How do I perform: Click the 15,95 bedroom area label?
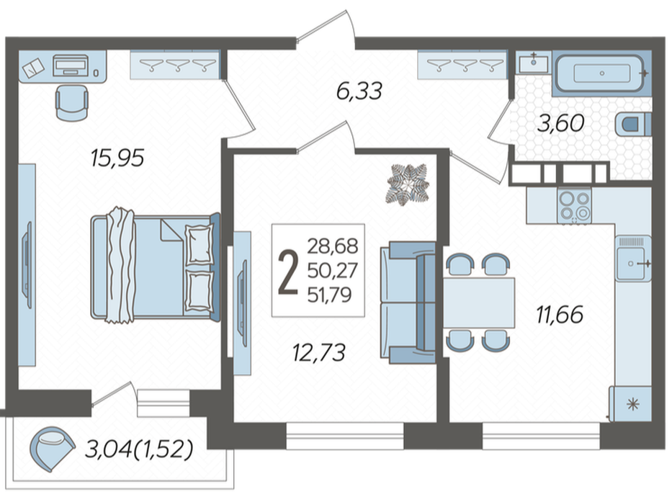coord(117,158)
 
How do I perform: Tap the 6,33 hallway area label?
coord(359,91)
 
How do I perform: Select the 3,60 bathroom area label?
coord(560,123)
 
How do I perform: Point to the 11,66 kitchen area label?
coord(560,315)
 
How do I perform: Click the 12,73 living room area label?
coord(319,353)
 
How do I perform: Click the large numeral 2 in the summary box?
coord(288,272)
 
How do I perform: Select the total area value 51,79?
coord(330,295)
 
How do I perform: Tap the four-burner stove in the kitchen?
coord(574,206)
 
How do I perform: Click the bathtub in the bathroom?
coord(601,73)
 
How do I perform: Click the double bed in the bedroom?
coord(156,268)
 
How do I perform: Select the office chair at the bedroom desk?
coord(71,103)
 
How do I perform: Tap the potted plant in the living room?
coord(408,185)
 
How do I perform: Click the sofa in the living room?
coord(408,303)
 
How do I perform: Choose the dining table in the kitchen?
coord(479,303)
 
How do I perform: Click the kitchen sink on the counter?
coord(632,259)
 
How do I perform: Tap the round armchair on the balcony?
coord(51,449)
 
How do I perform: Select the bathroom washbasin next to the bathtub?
coord(533,63)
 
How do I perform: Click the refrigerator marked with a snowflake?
coord(631,403)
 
